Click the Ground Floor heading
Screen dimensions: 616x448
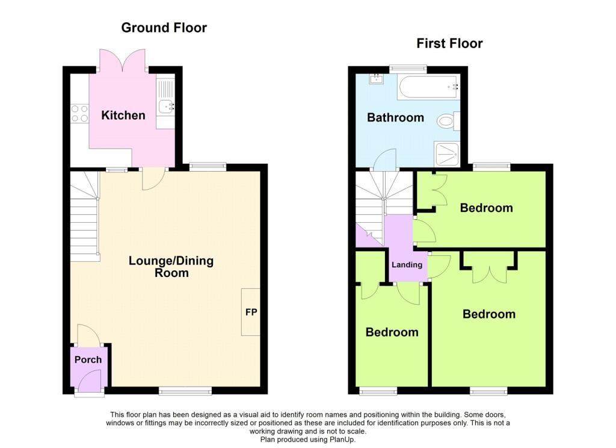pyautogui.click(x=164, y=28)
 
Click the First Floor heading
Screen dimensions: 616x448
pyautogui.click(x=449, y=43)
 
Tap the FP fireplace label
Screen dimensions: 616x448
pyautogui.click(x=251, y=312)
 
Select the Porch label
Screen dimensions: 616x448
pyautogui.click(x=88, y=359)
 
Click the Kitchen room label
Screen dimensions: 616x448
pyautogui.click(x=123, y=115)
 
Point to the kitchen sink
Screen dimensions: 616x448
pyautogui.click(x=167, y=105)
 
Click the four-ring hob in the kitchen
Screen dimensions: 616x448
pyautogui.click(x=80, y=113)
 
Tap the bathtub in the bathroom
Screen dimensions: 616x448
pyautogui.click(x=428, y=87)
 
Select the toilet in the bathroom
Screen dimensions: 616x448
pyautogui.click(x=448, y=121)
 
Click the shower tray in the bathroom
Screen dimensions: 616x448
pyautogui.click(x=447, y=154)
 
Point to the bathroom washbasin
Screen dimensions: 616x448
pyautogui.click(x=377, y=79)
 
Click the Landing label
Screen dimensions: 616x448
pyautogui.click(x=407, y=265)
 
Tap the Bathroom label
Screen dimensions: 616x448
pyautogui.click(x=395, y=117)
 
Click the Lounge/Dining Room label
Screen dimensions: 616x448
pyautogui.click(x=171, y=267)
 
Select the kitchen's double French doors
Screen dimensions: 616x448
pyautogui.click(x=123, y=61)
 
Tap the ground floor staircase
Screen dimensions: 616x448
pyautogui.click(x=85, y=216)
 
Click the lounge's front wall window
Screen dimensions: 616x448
pyautogui.click(x=185, y=391)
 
